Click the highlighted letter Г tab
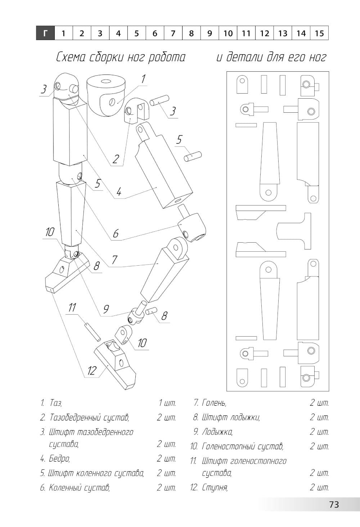[45, 33]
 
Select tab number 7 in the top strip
[173, 33]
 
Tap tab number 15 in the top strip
[319, 33]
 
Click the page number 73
[334, 504]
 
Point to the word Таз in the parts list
[56, 403]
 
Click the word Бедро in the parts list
[59, 459]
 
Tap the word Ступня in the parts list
[215, 488]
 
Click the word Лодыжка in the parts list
[217, 432]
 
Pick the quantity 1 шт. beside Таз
[167, 403]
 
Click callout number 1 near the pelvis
[143, 79]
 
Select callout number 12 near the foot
[92, 370]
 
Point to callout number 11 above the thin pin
[72, 307]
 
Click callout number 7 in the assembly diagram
[114, 260]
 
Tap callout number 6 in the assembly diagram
[116, 234]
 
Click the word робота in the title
[167, 57]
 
